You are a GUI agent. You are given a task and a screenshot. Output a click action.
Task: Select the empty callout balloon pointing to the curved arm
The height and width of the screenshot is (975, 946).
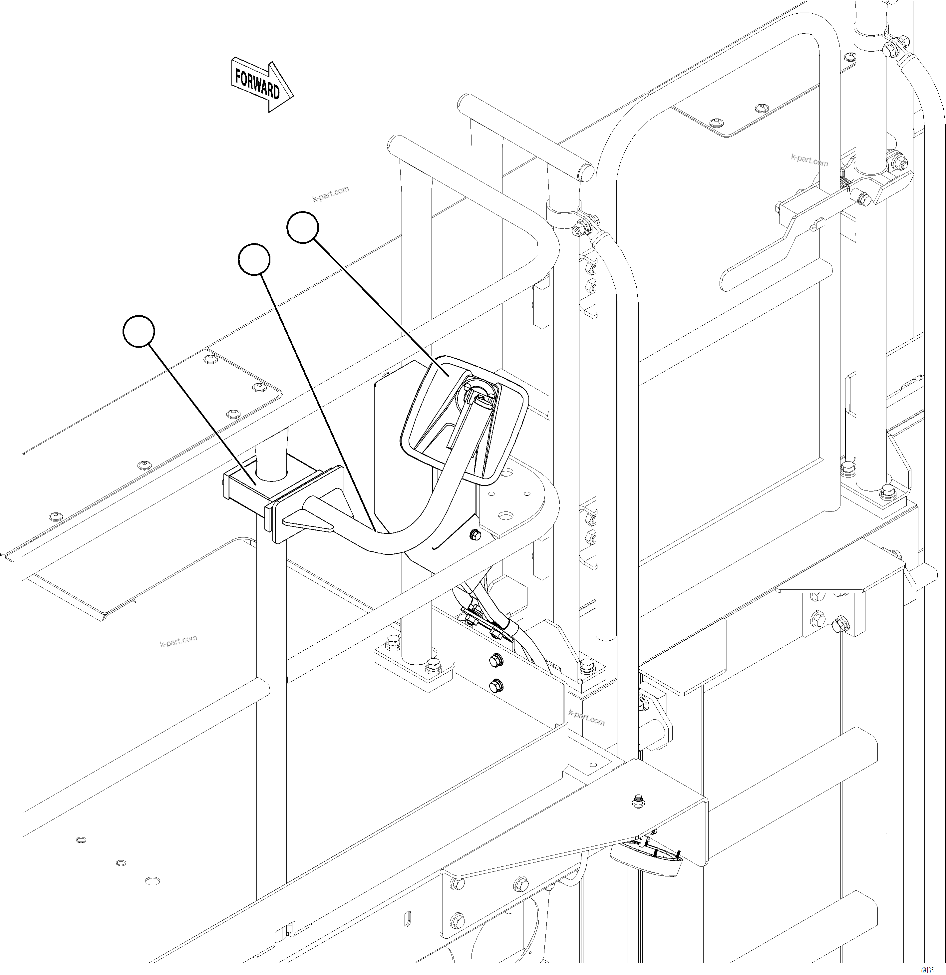pyautogui.click(x=254, y=259)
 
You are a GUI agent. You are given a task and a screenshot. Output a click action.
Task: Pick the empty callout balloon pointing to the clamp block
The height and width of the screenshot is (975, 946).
pyautogui.click(x=139, y=331)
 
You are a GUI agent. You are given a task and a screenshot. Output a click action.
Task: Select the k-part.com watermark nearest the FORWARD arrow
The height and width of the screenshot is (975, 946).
pyautogui.click(x=330, y=193)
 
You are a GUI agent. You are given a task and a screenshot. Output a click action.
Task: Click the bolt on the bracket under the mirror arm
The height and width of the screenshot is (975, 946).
pyautogui.click(x=475, y=534)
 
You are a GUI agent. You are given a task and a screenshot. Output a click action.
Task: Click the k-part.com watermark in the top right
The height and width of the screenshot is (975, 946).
pyautogui.click(x=809, y=160)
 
